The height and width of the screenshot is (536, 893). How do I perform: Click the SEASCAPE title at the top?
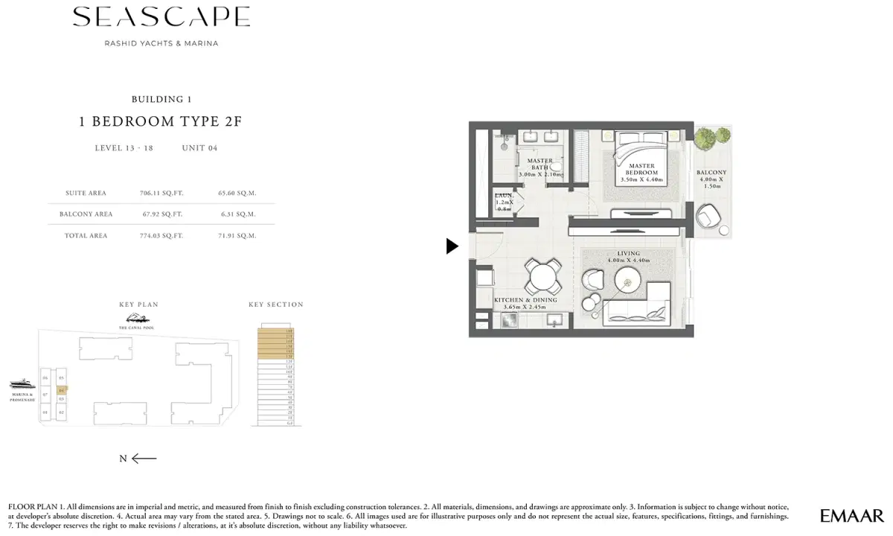pyautogui.click(x=161, y=17)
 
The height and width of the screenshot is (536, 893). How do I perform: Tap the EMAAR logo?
pyautogui.click(x=851, y=515)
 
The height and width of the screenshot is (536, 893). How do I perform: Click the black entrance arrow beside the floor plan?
pyautogui.click(x=452, y=246)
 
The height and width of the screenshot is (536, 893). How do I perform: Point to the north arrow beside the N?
pyautogui.click(x=144, y=459)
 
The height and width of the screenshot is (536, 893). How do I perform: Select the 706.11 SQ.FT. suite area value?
pyautogui.click(x=161, y=193)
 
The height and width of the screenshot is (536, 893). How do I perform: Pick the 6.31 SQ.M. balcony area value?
pyautogui.click(x=238, y=214)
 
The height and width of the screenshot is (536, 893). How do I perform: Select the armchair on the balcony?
pyautogui.click(x=708, y=220)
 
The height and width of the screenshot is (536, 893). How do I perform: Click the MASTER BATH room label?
pyautogui.click(x=540, y=165)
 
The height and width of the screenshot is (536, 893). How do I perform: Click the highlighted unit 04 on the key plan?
pyautogui.click(x=62, y=389)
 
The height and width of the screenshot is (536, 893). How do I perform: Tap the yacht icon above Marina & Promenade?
pyautogui.click(x=22, y=384)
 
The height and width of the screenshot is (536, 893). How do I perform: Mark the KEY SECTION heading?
pyautogui.click(x=276, y=304)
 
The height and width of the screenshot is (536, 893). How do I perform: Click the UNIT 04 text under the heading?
pyautogui.click(x=199, y=148)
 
